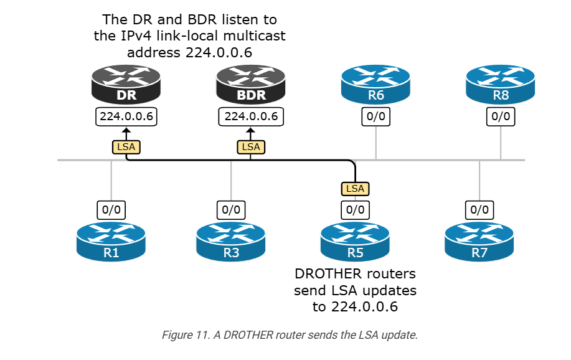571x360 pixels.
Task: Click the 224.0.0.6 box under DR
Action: tap(126, 116)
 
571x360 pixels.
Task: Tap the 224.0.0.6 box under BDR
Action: tap(251, 116)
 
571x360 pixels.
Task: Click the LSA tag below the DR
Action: tap(126, 147)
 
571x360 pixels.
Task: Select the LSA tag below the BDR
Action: tap(251, 147)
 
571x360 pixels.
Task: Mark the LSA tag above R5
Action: tap(355, 187)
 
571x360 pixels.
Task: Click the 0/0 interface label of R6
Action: tap(376, 116)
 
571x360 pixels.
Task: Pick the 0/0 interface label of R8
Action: tap(501, 116)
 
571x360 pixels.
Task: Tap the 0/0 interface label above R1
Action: tap(111, 210)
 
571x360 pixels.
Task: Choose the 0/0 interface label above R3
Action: tap(231, 210)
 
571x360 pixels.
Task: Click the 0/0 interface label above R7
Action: tap(479, 210)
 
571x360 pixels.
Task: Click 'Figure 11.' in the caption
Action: tap(184, 335)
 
